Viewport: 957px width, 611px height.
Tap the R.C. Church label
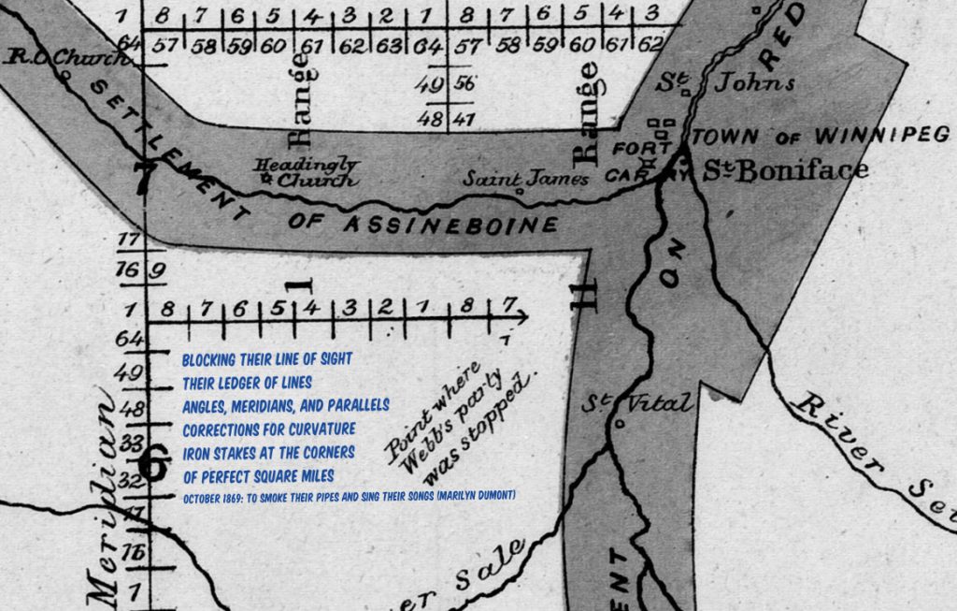pyautogui.click(x=65, y=59)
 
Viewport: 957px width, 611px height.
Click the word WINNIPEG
pyautogui.click(x=881, y=136)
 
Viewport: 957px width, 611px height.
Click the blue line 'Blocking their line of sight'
pyautogui.click(x=268, y=359)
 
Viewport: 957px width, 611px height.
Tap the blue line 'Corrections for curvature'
pyautogui.click(x=269, y=429)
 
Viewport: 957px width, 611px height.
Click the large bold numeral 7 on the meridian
pyautogui.click(x=143, y=178)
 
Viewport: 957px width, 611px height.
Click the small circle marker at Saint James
pyautogui.click(x=520, y=192)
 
